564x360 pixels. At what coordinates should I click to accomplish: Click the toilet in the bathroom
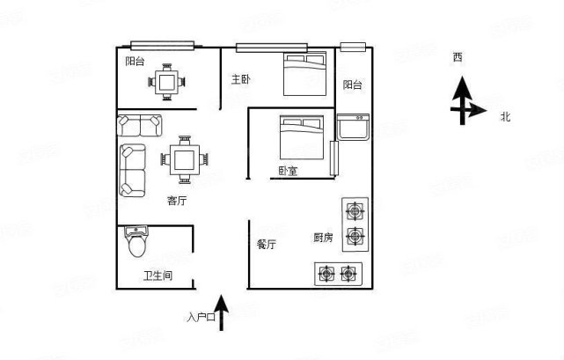pos(136,241)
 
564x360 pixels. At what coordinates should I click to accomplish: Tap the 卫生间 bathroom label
pos(157,276)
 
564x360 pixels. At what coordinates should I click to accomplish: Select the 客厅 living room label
pos(177,201)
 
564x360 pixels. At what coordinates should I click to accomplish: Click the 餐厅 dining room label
pos(267,245)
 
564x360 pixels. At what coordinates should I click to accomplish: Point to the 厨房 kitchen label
pos(322,238)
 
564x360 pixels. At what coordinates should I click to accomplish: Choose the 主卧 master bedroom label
pos(241,79)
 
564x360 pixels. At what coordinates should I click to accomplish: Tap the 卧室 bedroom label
pos(287,171)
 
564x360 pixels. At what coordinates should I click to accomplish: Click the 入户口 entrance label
pos(200,317)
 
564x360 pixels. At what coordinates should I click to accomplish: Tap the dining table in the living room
pos(185,159)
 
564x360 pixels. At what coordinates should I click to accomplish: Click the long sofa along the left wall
pos(133,169)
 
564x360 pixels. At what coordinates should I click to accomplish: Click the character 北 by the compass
pos(505,115)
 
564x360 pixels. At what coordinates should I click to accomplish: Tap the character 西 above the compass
pos(458,58)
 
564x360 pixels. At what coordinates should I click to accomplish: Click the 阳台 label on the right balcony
pos(352,84)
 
